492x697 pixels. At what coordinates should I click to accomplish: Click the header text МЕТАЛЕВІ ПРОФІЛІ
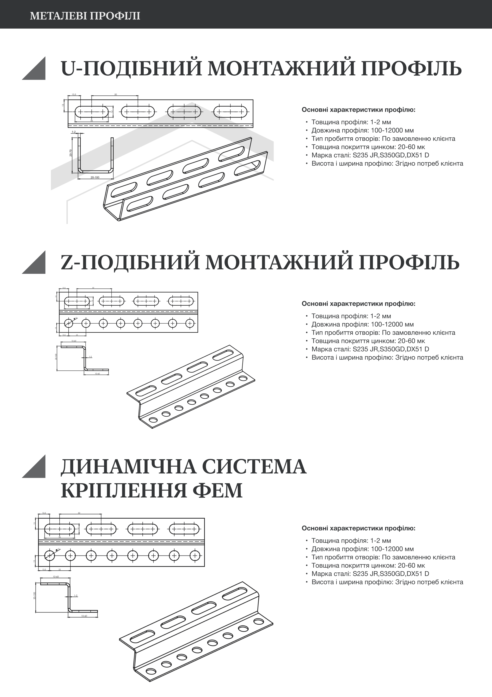pos(85,16)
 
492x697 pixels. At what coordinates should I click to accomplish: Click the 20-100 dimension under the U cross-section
pos(95,177)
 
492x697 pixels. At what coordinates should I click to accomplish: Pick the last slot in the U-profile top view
pos(230,112)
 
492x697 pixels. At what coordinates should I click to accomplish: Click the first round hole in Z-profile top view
pos(69,323)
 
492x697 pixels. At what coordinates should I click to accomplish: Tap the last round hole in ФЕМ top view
pos(195,556)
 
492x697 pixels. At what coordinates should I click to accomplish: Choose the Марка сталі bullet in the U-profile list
pos(370,155)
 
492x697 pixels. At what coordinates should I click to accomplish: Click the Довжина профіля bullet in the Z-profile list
pos(362,324)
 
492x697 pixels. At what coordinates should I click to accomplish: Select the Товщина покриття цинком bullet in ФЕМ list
pos(368,565)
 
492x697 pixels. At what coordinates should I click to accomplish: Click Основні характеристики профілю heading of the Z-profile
pos(358,304)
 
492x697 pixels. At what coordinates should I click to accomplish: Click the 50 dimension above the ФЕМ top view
pos(79,513)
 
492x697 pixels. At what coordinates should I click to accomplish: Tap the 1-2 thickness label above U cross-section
pos(73,132)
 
